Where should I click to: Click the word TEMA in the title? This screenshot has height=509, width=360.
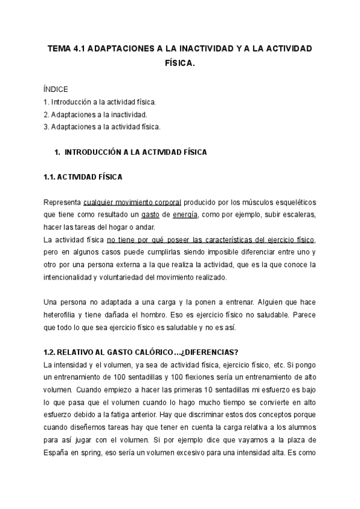click(59, 49)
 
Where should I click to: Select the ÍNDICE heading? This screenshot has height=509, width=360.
click(56, 89)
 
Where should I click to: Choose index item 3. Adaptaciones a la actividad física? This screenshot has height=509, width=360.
click(102, 127)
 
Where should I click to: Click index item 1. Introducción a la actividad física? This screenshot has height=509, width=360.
click(100, 102)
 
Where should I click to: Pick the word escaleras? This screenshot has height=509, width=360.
click(295, 214)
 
